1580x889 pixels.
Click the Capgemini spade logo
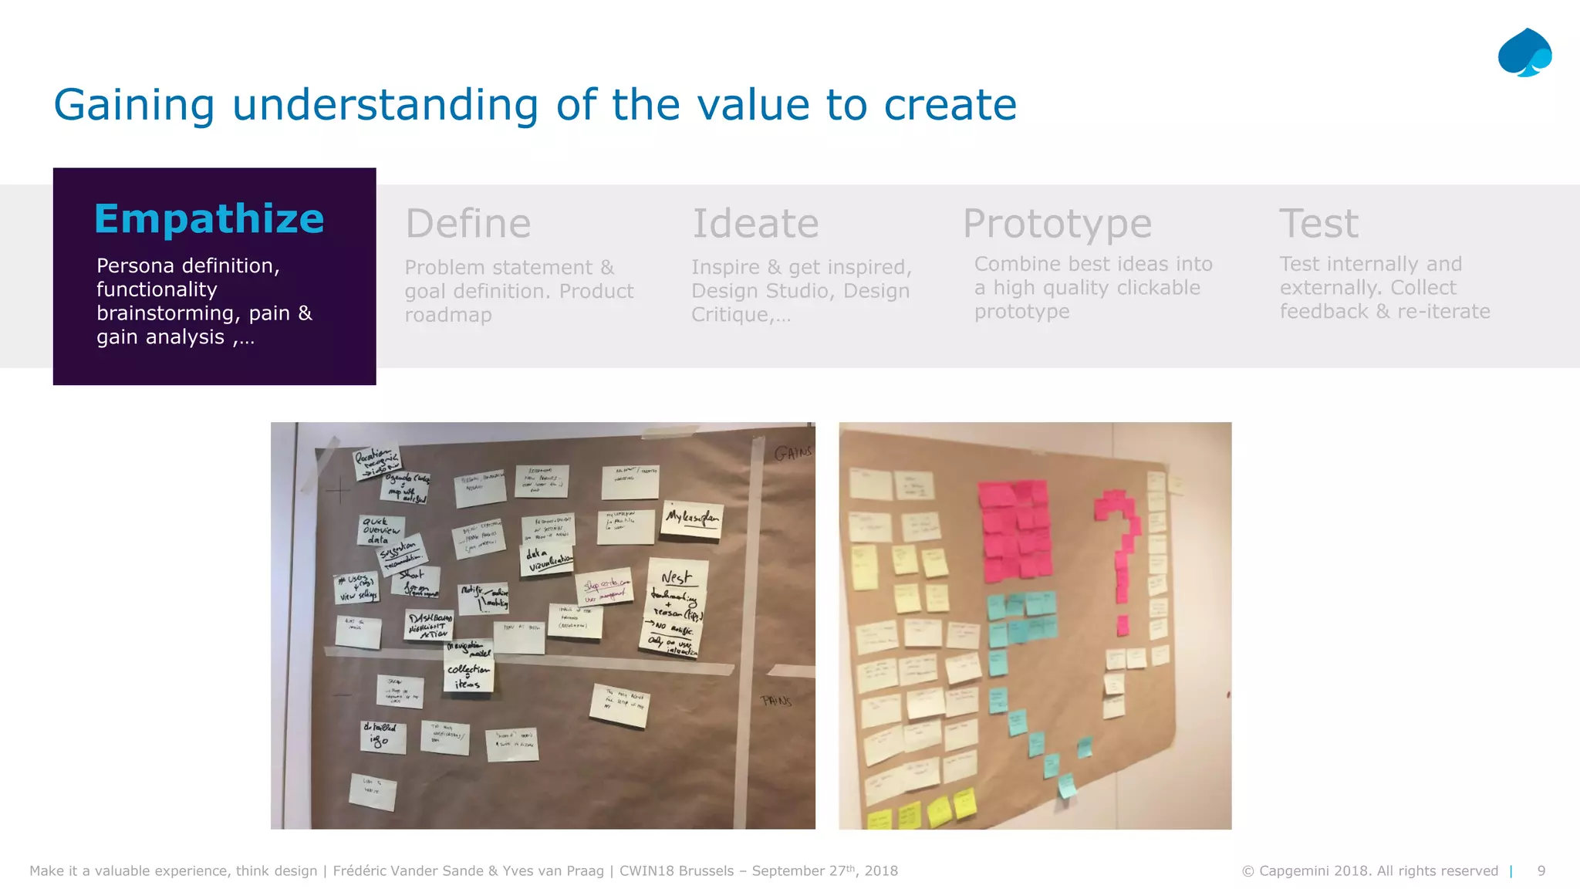pos(1524,53)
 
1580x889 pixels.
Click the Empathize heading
pos(209,219)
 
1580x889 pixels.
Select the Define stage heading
pos(468,224)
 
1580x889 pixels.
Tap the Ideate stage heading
pos(755,224)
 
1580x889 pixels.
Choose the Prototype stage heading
pos(1057,224)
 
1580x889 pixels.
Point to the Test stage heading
pos(1318,224)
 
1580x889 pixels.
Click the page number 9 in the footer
pos(1541,870)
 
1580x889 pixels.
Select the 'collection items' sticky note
pos(468,675)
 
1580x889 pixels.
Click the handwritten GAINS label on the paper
pos(792,453)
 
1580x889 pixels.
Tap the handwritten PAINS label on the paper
pos(776,701)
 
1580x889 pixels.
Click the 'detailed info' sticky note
pos(382,735)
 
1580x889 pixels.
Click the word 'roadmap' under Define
pos(448,315)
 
